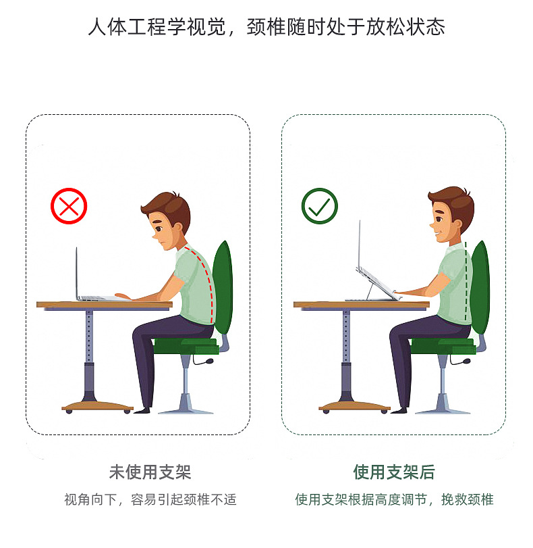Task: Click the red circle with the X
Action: (69, 206)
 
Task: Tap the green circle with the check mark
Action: (319, 206)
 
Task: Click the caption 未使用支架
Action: (150, 472)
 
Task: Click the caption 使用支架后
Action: (394, 472)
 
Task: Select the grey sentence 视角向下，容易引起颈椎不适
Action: (150, 500)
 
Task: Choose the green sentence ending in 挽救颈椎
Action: (394, 500)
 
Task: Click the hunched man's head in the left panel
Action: (166, 220)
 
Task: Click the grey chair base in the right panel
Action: (442, 405)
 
